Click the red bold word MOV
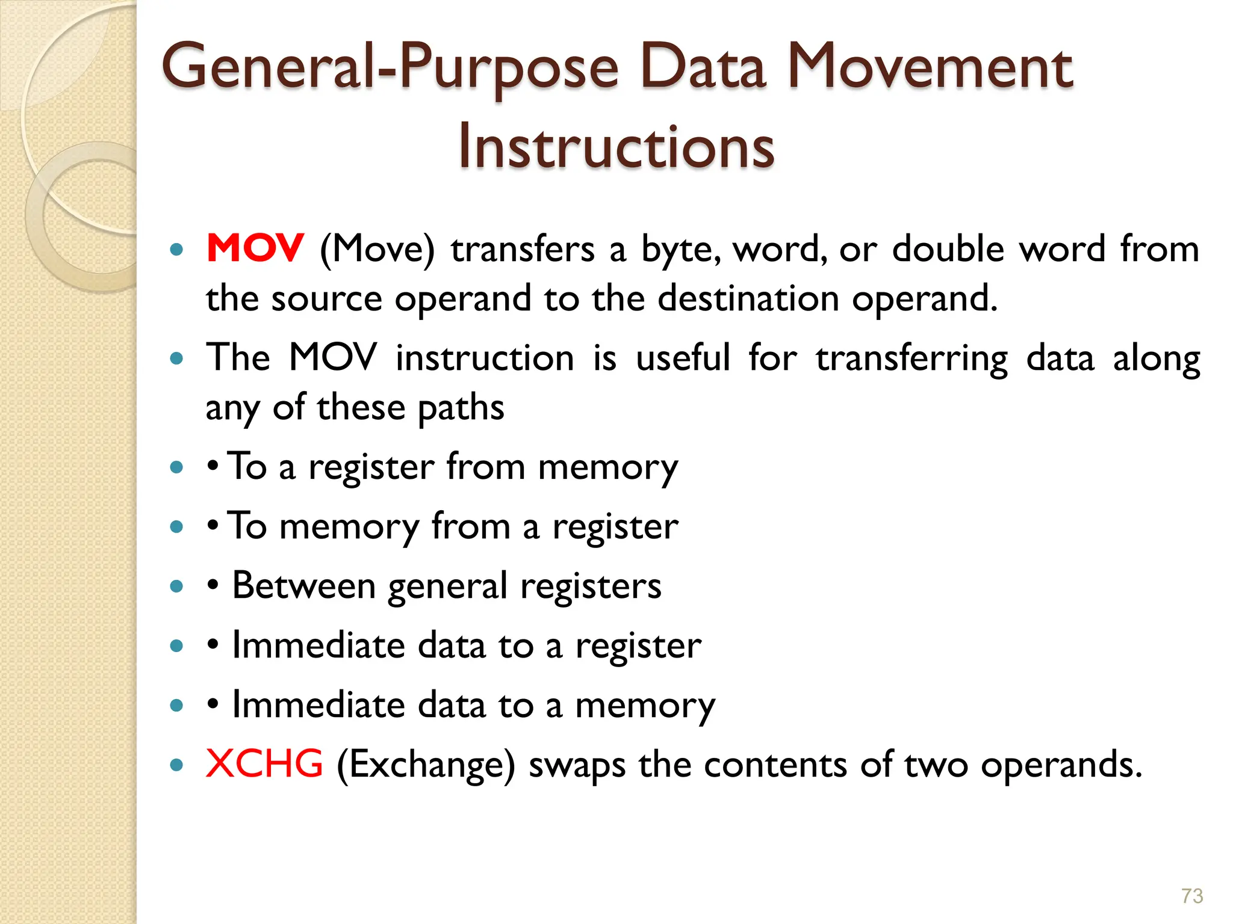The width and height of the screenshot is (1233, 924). [x=255, y=248]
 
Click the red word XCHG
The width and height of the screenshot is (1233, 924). [x=264, y=764]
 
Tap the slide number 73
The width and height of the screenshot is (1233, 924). [x=1191, y=896]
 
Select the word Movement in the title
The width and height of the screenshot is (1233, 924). [x=930, y=67]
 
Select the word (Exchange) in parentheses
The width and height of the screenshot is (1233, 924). [x=426, y=766]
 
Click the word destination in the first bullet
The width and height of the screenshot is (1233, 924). [x=748, y=298]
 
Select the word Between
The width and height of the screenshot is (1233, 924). [x=304, y=585]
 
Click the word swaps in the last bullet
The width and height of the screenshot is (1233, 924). [x=577, y=766]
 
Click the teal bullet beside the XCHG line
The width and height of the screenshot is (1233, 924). [x=176, y=765]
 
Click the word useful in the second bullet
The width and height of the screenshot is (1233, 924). [x=683, y=358]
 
